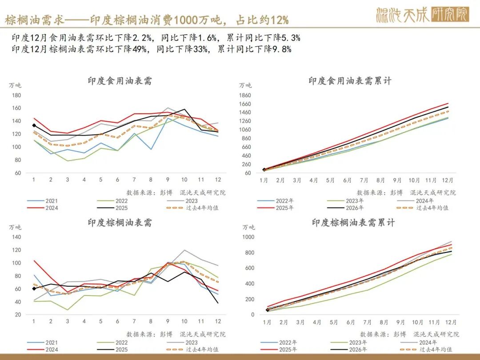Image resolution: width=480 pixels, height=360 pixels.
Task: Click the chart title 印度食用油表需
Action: point(120,81)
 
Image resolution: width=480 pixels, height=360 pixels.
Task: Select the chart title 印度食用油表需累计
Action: point(350,81)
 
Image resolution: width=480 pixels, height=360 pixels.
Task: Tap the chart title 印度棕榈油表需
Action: point(120,223)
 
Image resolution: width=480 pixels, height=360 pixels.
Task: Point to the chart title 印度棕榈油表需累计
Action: point(353,223)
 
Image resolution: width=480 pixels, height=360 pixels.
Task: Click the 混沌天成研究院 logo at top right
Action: point(422,15)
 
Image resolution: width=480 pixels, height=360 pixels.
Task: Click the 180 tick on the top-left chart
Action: point(16,95)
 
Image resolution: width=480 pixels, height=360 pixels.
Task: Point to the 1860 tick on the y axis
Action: point(245,95)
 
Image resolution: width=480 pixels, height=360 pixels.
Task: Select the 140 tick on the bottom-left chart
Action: point(16,237)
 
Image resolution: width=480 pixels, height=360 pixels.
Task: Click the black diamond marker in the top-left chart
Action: point(34,125)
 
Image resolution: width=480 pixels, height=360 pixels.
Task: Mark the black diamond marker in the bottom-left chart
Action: point(34,289)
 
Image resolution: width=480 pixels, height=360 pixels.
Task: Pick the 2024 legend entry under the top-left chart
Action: point(51,208)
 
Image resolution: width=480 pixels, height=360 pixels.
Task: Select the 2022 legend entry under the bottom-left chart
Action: point(121,343)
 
